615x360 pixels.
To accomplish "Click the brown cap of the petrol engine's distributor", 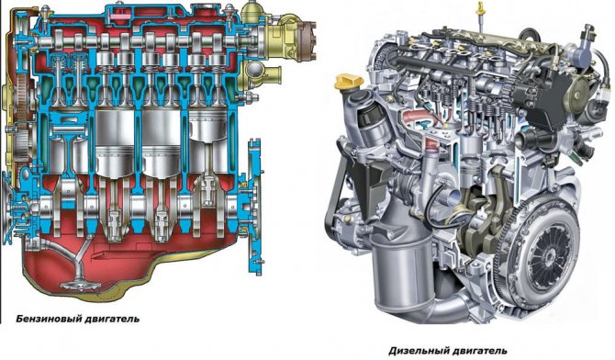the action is (x=307, y=41).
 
